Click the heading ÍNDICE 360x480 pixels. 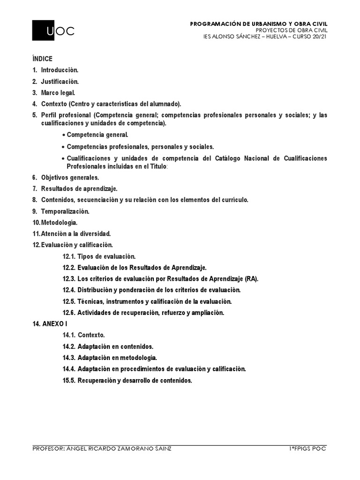pyautogui.click(x=42, y=59)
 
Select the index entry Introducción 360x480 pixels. pyautogui.click(x=59, y=70)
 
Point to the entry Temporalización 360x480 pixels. pyautogui.click(x=65, y=211)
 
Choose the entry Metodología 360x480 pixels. pyautogui.click(x=59, y=223)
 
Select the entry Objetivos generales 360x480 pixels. pyautogui.click(x=69, y=178)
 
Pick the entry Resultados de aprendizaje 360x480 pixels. pyautogui.click(x=79, y=189)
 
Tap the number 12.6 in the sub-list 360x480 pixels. pyautogui.click(x=68, y=313)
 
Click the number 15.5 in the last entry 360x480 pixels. pyautogui.click(x=68, y=380)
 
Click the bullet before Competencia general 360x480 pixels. pyautogui.click(x=63, y=135)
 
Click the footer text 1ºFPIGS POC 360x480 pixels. pyautogui.click(x=307, y=449)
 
